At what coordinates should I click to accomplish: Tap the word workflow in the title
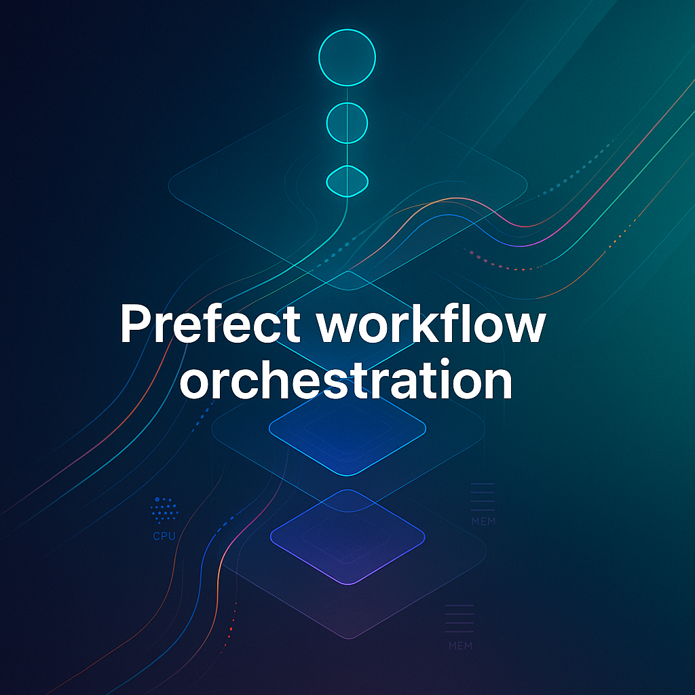click(x=432, y=324)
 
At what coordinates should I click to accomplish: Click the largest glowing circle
click(x=347, y=57)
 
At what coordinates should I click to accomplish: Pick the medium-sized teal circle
click(x=347, y=122)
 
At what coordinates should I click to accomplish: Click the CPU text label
click(x=164, y=536)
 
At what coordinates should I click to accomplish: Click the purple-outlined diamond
click(x=347, y=536)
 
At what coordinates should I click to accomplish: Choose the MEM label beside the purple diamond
click(x=483, y=521)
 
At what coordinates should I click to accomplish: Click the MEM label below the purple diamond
click(x=460, y=645)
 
